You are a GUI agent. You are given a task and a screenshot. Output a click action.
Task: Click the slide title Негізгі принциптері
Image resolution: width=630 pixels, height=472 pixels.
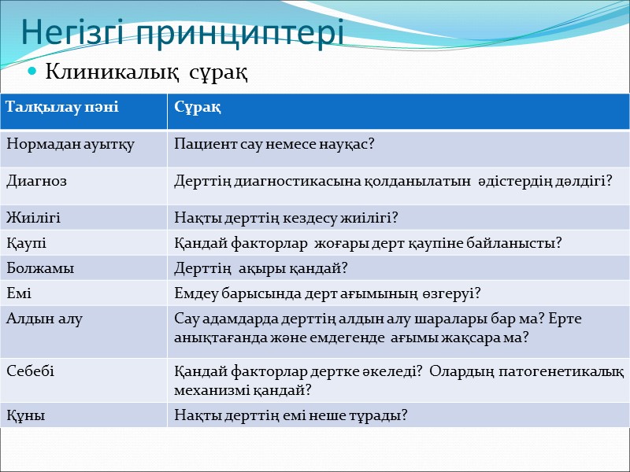182,34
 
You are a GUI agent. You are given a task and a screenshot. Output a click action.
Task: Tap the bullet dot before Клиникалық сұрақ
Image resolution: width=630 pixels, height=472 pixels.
32,73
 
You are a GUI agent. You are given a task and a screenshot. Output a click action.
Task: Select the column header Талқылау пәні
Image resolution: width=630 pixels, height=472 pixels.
62,106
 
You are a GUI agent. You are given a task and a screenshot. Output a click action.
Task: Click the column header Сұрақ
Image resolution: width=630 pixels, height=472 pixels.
197,106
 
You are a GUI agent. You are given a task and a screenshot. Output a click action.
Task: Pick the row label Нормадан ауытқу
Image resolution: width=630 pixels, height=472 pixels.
70,144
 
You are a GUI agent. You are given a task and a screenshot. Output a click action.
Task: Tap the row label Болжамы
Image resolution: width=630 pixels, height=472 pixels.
40,268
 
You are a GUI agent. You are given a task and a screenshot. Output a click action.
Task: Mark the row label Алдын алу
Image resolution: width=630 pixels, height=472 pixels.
44,318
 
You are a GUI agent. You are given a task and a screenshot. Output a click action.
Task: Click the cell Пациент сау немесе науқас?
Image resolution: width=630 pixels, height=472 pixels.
274,144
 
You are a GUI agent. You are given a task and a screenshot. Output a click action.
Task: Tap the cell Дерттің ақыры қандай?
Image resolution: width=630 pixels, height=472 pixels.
261,268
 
